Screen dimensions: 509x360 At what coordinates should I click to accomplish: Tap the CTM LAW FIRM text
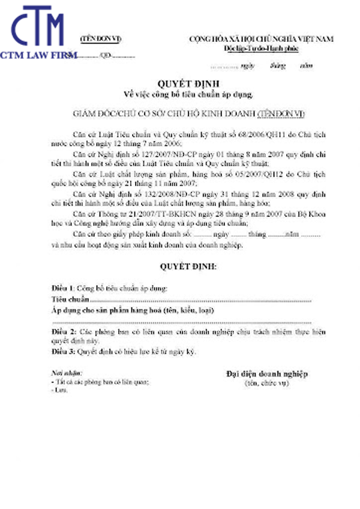coord(38,55)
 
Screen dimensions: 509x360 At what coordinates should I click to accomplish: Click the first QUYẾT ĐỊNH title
coord(179,85)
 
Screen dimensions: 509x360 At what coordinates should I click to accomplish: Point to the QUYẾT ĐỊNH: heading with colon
coord(180,264)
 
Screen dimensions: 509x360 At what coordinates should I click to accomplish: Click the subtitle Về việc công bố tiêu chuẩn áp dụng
coord(180,94)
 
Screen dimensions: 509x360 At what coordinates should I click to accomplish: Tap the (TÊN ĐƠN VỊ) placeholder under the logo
coord(101,39)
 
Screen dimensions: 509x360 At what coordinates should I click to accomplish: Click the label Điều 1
coord(62,288)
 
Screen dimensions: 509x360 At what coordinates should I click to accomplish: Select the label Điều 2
coord(62,330)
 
